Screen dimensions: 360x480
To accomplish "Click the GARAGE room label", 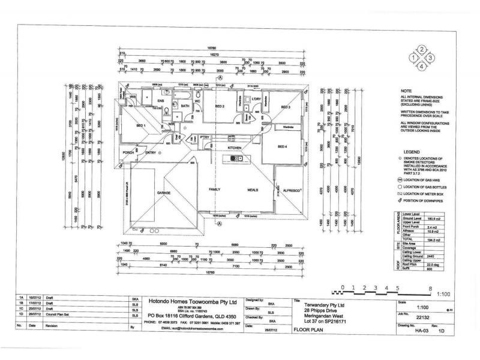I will (164, 193).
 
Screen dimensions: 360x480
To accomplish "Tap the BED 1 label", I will (142, 125).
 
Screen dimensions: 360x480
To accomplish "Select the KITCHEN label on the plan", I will (234, 146).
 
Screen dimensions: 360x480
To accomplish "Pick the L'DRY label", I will (255, 99).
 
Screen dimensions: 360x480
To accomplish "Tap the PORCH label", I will (128, 152).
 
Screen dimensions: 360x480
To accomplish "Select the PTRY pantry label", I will (204, 137).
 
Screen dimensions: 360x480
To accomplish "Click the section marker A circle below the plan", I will (220, 223).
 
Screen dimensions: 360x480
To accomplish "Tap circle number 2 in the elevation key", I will (422, 50).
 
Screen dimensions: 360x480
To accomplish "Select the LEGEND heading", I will (412, 153).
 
